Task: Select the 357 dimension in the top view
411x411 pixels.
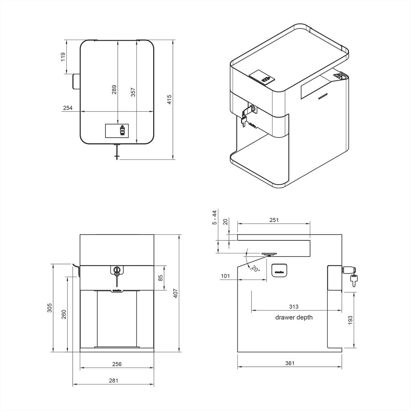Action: coord(133,92)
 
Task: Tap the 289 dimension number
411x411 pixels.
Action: coord(114,89)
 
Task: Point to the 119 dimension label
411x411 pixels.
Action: coord(63,57)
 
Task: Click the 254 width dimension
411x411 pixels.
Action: coord(68,108)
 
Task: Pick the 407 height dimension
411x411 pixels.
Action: coord(175,293)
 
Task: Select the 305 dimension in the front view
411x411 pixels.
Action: coord(49,308)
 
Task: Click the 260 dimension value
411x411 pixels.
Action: coord(64,314)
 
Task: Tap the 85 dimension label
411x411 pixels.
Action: coord(160,277)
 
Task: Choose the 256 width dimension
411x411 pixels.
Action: coord(117,364)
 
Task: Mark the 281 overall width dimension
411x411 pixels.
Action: coord(113,380)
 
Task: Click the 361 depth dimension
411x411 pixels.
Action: coord(289,363)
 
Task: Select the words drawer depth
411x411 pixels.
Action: coord(294,317)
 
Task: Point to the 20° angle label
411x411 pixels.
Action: coord(255,268)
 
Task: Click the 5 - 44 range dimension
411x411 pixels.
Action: coord(215,217)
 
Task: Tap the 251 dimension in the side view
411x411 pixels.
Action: coord(274,220)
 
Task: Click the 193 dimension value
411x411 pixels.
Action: coord(350,320)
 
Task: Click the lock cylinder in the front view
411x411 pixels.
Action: coord(117,270)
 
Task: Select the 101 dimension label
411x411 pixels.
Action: coord(225,276)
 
